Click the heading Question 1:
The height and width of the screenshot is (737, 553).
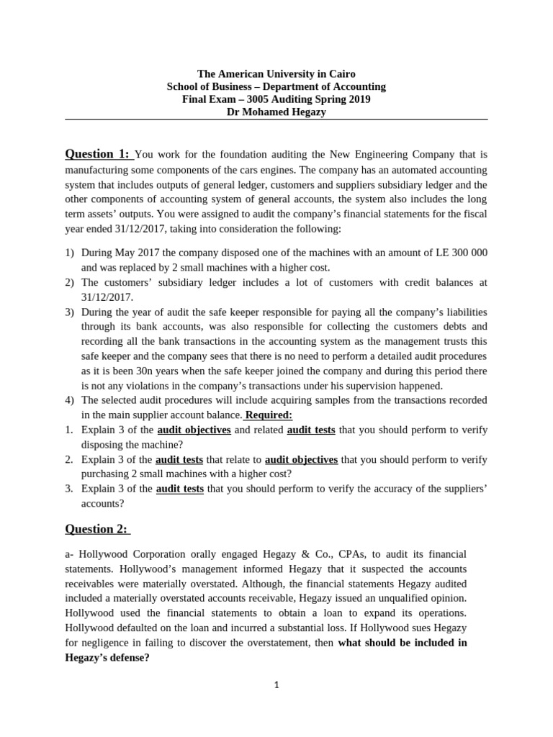[x=98, y=154]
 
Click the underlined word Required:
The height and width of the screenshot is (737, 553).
[x=269, y=415]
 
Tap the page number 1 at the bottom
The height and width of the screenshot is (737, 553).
[x=276, y=685]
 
